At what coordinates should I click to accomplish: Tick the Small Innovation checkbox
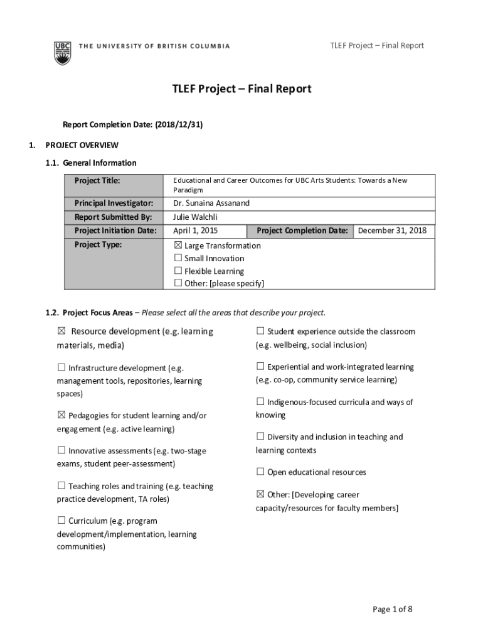pyautogui.click(x=178, y=258)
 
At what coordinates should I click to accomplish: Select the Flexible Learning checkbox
pyautogui.click(x=178, y=271)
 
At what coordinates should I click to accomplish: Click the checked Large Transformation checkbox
pyautogui.click(x=178, y=246)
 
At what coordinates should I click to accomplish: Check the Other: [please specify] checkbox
pyautogui.click(x=178, y=283)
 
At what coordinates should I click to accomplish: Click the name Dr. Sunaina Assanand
pyautogui.click(x=211, y=203)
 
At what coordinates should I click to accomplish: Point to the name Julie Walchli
pyautogui.click(x=195, y=217)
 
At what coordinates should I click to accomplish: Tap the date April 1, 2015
pyautogui.click(x=195, y=230)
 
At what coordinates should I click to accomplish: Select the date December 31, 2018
pyautogui.click(x=392, y=230)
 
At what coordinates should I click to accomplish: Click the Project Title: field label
pyautogui.click(x=97, y=181)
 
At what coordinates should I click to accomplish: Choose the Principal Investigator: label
pyautogui.click(x=114, y=203)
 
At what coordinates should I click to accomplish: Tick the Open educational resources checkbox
pyautogui.click(x=260, y=472)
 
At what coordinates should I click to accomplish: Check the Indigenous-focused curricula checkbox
pyautogui.click(x=260, y=402)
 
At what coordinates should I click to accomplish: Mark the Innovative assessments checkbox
pyautogui.click(x=61, y=450)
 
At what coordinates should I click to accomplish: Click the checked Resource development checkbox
pyautogui.click(x=61, y=332)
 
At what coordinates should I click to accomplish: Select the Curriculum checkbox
pyautogui.click(x=61, y=521)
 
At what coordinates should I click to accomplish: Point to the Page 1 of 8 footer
pyautogui.click(x=393, y=609)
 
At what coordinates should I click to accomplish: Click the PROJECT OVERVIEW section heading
pyautogui.click(x=82, y=145)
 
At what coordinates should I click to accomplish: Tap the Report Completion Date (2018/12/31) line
pyautogui.click(x=132, y=125)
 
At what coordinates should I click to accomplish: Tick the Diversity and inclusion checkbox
pyautogui.click(x=260, y=436)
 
